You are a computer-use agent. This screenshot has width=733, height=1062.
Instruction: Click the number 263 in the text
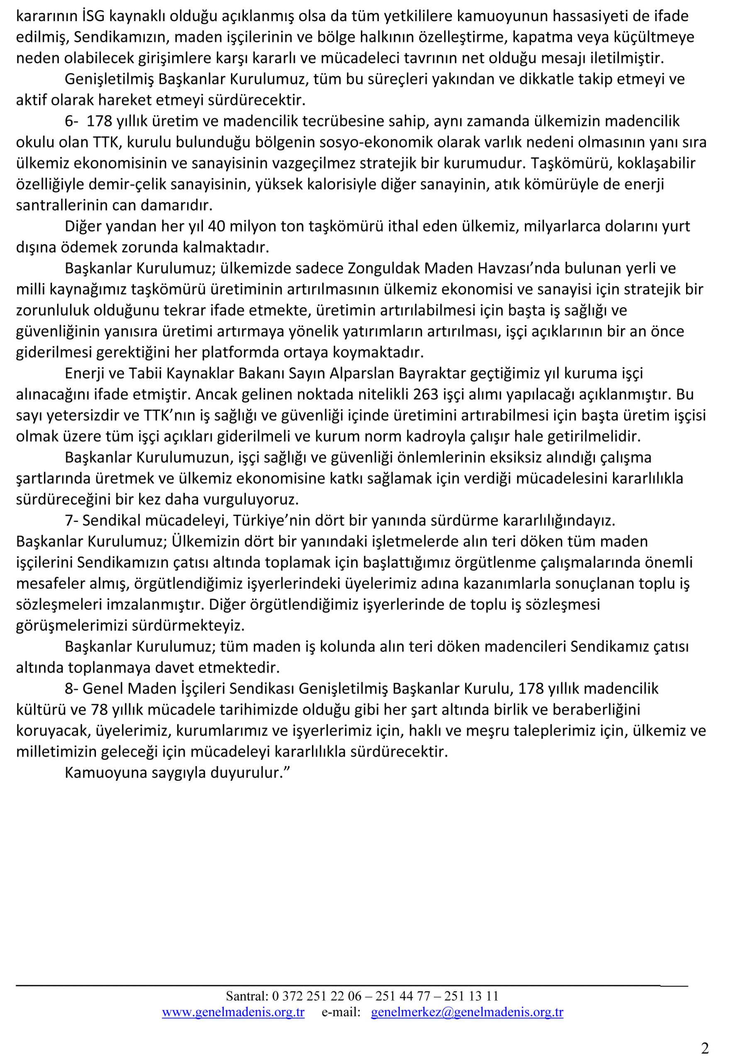point(426,395)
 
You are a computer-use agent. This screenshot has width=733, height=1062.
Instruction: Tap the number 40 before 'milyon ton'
point(216,227)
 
